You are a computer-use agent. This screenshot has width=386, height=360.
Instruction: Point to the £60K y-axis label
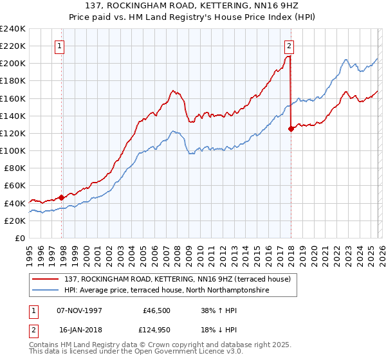coord(14,185)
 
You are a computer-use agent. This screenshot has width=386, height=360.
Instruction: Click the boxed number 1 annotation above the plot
coord(59,46)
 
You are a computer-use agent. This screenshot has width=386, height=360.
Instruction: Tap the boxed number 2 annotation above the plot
coord(289,46)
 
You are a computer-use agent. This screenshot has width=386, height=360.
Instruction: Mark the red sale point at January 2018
coord(291,129)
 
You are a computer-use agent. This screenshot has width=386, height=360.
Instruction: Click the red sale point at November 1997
coord(62,197)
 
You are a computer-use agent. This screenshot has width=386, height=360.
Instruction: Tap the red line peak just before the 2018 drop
coord(289,57)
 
